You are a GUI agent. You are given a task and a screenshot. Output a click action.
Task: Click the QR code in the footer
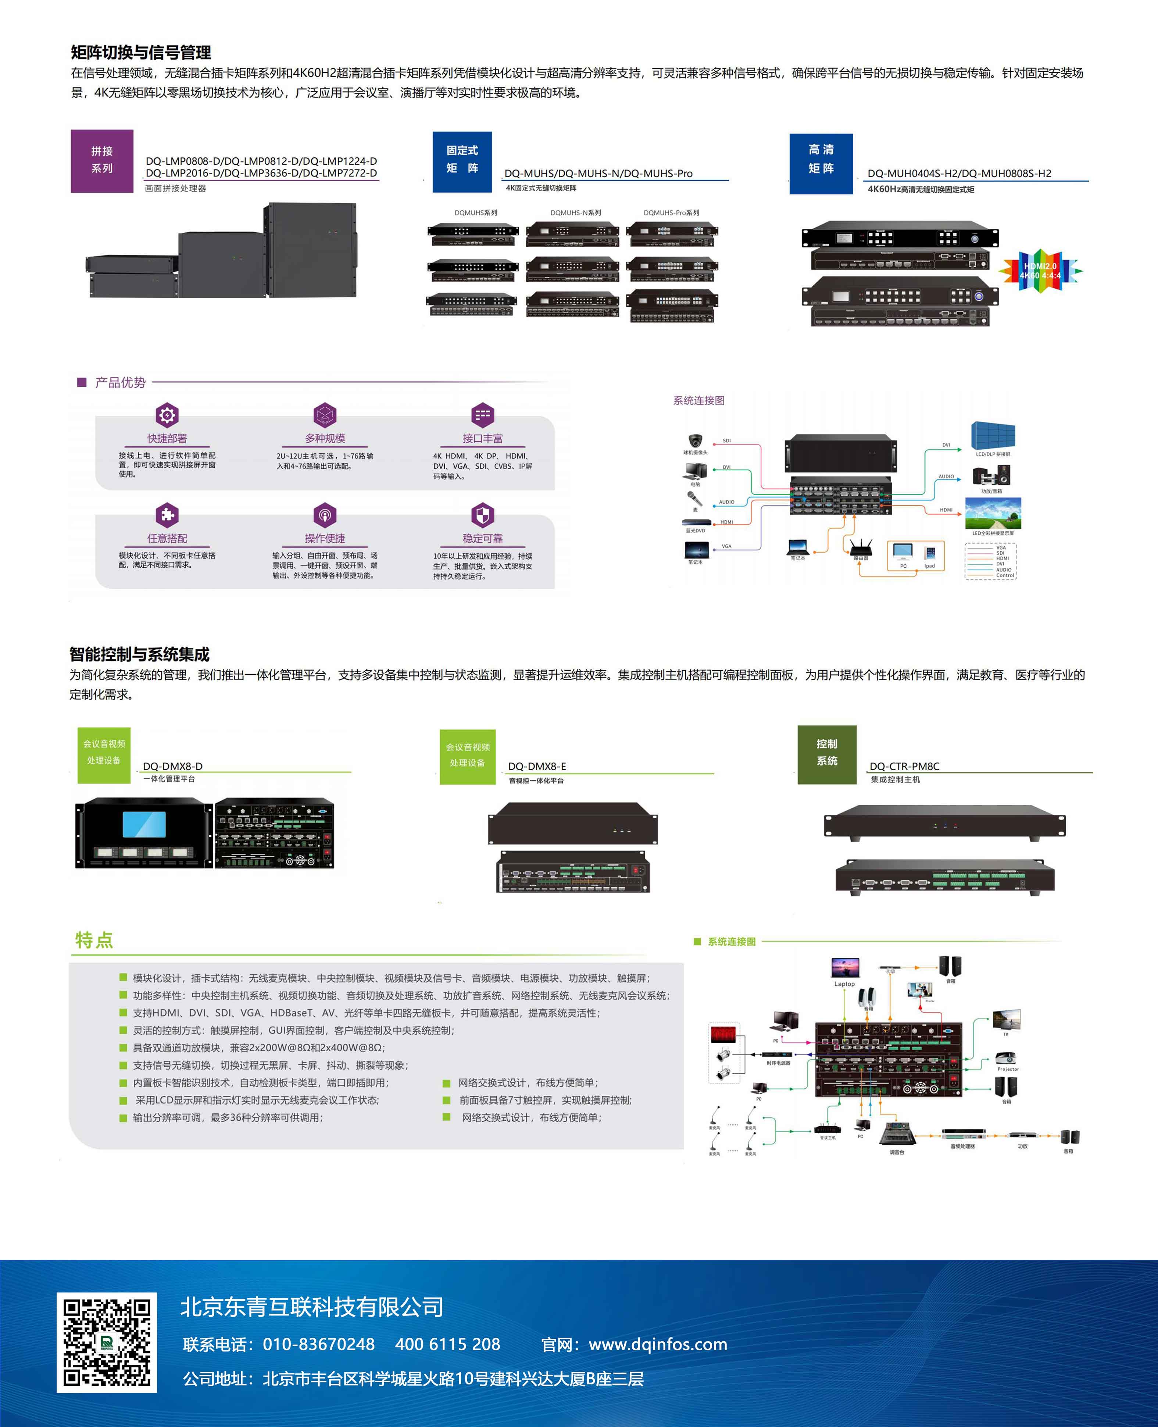pos(107,1342)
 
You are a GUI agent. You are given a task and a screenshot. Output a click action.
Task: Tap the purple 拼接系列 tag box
pos(102,161)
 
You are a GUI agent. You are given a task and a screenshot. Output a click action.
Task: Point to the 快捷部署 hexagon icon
pos(167,415)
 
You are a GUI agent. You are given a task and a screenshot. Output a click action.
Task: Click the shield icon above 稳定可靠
pos(482,515)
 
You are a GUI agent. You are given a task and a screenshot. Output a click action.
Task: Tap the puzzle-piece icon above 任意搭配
pos(167,515)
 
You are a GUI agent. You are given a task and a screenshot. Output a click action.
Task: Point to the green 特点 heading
pos(94,940)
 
